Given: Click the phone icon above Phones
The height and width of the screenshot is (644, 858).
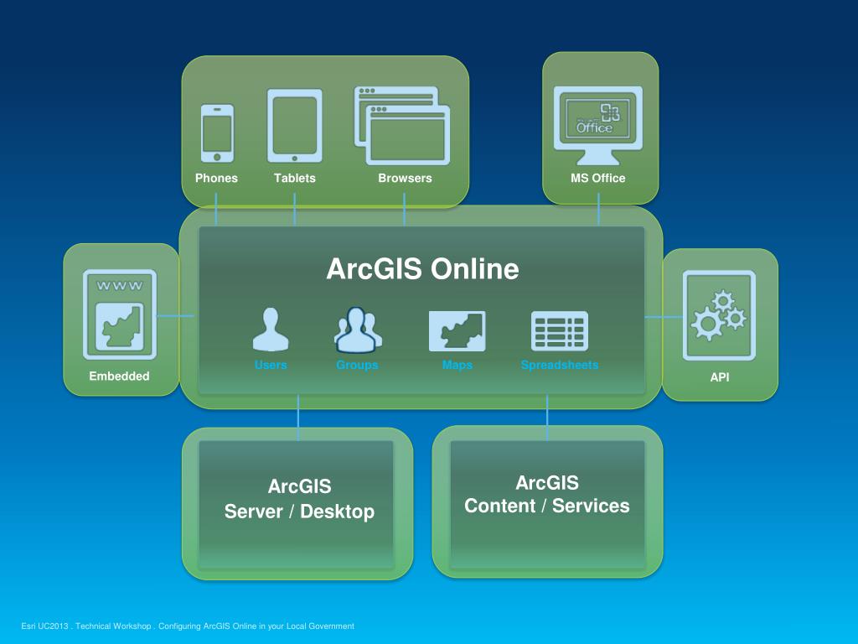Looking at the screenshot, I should click(217, 132).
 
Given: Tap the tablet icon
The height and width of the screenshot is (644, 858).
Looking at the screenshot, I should click(294, 126).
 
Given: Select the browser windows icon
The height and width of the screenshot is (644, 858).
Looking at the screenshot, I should click(402, 126).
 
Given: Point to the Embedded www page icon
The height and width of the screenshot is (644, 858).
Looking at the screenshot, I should click(120, 314).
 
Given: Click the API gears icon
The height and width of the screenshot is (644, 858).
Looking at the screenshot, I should click(719, 314).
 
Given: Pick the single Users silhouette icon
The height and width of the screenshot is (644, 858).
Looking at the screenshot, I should click(271, 330).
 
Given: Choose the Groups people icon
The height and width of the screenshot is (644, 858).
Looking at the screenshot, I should click(358, 330).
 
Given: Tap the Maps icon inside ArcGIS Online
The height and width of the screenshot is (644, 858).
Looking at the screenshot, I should click(457, 330).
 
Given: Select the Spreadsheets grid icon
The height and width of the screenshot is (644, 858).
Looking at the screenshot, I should click(560, 330).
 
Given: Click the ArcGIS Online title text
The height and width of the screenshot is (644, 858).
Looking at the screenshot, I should click(422, 269).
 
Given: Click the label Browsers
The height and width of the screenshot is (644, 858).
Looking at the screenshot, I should click(405, 178).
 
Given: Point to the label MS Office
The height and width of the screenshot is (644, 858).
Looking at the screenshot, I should click(598, 178).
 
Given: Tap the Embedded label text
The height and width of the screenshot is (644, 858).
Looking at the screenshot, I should click(119, 377).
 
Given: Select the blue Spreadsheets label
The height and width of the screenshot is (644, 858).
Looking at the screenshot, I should click(560, 366).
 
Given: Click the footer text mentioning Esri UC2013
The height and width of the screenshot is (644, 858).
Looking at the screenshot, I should click(188, 626).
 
